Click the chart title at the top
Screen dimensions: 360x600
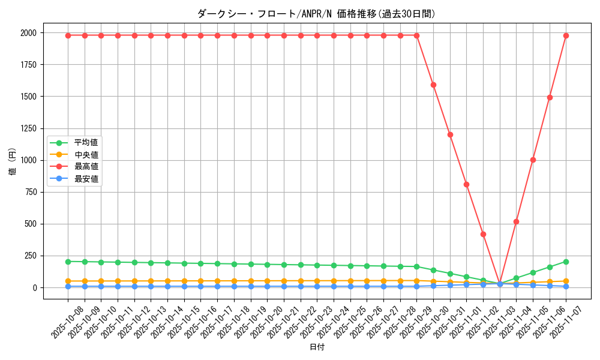(x=316, y=14)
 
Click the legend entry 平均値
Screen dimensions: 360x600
(x=86, y=143)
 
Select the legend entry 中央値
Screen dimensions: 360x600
(x=86, y=155)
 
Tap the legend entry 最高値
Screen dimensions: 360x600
(x=86, y=166)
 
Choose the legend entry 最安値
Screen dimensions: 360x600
(x=86, y=178)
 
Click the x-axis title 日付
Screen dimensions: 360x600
(x=317, y=347)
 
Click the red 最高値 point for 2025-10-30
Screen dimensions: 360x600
(x=433, y=85)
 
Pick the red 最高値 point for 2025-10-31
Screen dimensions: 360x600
(x=450, y=134)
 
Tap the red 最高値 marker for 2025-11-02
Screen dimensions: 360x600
(x=483, y=234)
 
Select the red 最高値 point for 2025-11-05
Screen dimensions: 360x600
(x=533, y=160)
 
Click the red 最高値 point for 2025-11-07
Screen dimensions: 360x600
(x=566, y=35)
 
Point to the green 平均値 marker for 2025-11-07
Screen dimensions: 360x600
(x=566, y=262)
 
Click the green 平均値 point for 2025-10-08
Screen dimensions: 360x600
(x=68, y=262)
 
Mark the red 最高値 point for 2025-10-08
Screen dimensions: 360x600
(x=68, y=35)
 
